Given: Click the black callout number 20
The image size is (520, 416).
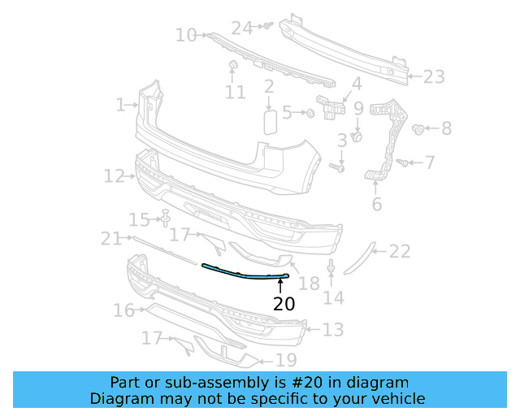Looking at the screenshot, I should tap(284, 305).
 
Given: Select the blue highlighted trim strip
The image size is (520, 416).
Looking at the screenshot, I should tap(244, 273).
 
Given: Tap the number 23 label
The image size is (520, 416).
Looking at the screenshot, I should tap(433, 77).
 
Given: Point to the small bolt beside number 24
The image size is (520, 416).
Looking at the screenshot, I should tap(265, 27).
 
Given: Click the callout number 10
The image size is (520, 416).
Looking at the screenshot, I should tap(186, 35).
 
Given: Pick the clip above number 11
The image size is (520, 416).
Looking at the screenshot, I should tap(232, 64).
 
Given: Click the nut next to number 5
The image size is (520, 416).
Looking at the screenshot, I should tap(310, 112).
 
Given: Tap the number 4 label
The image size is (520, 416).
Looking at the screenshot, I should tap(356, 83).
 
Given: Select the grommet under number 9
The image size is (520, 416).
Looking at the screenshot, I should tap(357, 136).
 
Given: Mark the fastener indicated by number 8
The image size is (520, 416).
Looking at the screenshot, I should tap(420, 128).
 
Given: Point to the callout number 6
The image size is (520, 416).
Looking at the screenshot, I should tap(376, 204).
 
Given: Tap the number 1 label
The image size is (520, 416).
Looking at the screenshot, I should tap(120, 105).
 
